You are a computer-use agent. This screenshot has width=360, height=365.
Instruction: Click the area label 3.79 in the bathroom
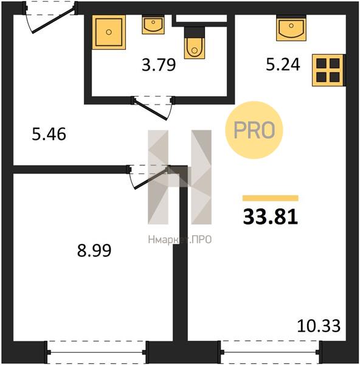click(x=159, y=65)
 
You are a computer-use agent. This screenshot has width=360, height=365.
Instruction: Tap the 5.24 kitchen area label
click(x=283, y=64)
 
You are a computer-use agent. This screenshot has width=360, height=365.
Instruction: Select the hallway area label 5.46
click(x=49, y=134)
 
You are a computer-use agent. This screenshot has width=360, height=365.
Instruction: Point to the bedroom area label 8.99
click(x=94, y=251)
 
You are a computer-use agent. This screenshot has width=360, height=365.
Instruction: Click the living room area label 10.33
click(x=319, y=326)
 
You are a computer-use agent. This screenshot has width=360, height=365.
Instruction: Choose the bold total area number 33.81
click(x=271, y=217)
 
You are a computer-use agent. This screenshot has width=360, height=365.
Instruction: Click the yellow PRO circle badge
click(x=254, y=130)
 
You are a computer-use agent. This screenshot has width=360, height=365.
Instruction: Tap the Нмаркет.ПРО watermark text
click(x=179, y=240)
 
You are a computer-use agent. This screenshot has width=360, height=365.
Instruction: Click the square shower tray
click(x=109, y=32)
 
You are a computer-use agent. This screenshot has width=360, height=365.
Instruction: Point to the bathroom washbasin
click(x=153, y=24)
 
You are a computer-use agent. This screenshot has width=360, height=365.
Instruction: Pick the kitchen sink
click(x=291, y=28)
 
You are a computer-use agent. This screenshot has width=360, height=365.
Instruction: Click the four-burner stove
click(x=328, y=71)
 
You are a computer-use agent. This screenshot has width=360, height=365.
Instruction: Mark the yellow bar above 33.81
click(x=271, y=198)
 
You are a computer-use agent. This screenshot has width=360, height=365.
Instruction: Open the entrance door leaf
click(x=53, y=20)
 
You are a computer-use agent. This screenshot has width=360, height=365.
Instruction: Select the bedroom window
click(x=97, y=353)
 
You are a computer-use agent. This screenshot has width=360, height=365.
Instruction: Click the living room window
click(x=270, y=353)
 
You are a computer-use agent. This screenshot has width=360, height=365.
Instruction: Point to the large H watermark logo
click(x=179, y=177)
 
